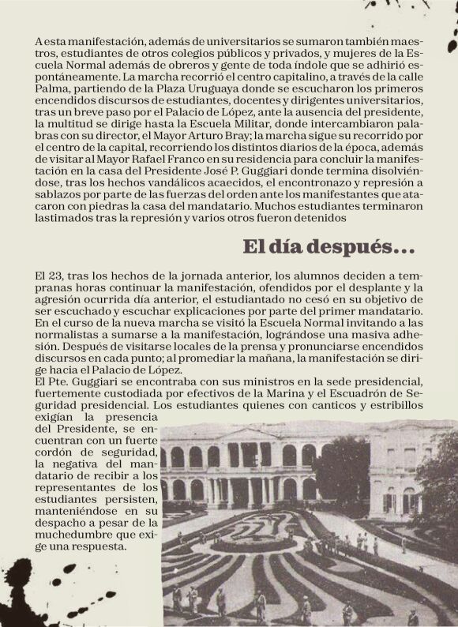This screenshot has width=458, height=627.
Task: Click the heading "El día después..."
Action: coord(328,247)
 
